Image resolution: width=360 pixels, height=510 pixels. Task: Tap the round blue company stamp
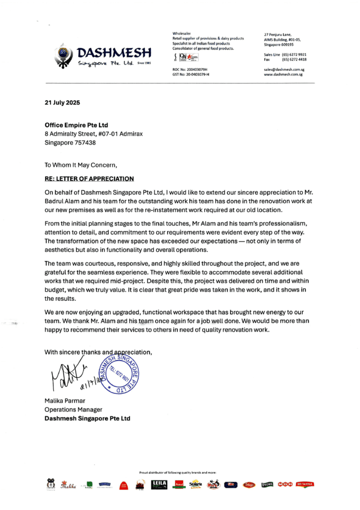pos(118,375)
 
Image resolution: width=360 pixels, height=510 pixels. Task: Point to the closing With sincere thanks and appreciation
pos(98,352)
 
